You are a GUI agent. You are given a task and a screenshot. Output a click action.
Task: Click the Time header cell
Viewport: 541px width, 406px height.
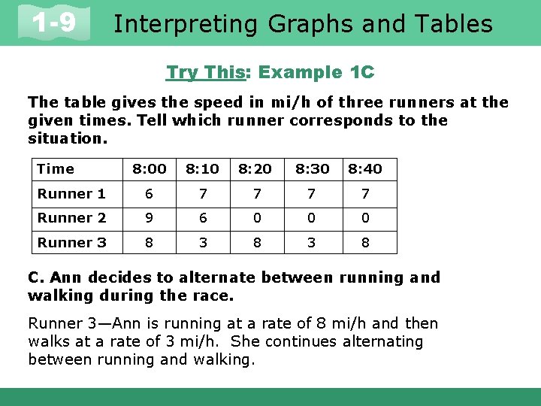56,169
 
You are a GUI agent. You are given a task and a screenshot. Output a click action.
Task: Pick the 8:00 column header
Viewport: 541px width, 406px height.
149,169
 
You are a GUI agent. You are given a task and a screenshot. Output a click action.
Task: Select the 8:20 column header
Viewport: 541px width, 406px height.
256,169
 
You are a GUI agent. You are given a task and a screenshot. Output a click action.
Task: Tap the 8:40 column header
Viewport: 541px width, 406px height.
364,169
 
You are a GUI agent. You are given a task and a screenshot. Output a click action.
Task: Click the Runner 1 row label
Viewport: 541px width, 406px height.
71,194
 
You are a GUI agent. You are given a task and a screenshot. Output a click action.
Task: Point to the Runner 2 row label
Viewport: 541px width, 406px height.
71,218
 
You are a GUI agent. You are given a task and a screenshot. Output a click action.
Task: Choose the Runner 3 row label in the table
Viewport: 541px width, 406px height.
71,242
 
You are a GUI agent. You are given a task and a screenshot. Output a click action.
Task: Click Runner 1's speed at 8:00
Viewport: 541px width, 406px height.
149,194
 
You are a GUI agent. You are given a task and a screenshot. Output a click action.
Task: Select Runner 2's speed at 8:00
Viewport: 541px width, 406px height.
149,218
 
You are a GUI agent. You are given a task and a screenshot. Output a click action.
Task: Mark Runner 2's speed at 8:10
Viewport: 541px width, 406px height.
202,218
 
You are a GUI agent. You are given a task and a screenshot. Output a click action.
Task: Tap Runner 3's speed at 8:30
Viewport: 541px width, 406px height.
311,242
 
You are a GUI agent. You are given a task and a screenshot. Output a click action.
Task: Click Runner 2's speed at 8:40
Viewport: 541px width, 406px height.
364,218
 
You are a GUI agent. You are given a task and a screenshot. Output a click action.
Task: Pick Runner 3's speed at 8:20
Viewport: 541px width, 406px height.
256,242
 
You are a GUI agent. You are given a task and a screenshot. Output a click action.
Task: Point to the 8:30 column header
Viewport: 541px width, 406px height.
311,169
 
